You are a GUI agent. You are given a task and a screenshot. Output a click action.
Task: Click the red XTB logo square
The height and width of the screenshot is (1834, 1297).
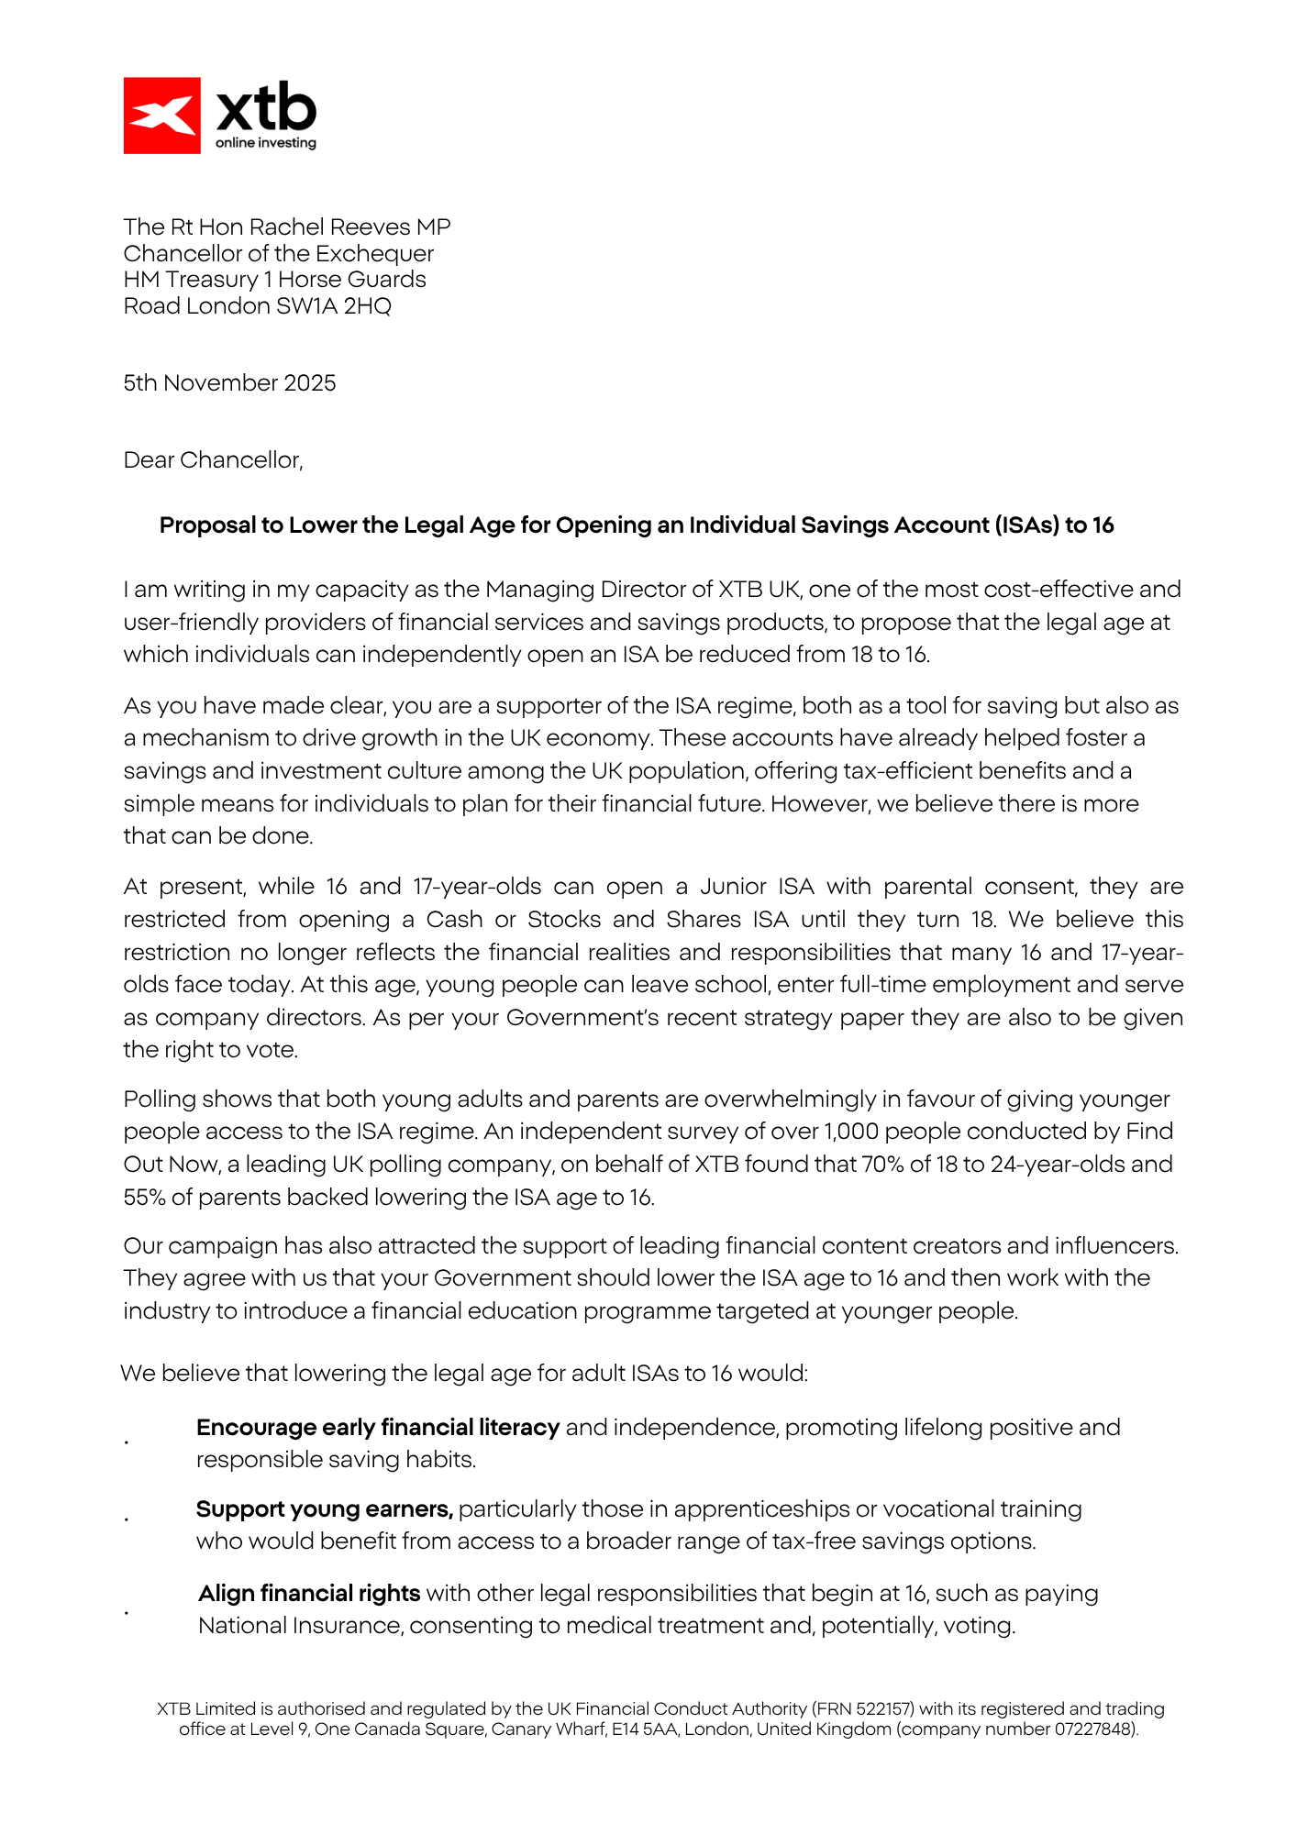pyautogui.click(x=162, y=116)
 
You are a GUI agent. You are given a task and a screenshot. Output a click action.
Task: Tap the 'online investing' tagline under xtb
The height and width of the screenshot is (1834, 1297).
pyautogui.click(x=266, y=143)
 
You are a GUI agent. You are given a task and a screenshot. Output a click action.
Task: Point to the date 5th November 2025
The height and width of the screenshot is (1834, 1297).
pyautogui.click(x=229, y=383)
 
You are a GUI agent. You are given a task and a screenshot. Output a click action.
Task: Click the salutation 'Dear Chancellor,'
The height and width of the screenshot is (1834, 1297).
pyautogui.click(x=213, y=460)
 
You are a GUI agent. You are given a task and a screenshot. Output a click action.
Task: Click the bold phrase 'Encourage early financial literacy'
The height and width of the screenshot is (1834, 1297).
pyautogui.click(x=378, y=1428)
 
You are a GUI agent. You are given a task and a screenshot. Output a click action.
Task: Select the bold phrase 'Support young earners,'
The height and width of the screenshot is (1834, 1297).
pyautogui.click(x=325, y=1509)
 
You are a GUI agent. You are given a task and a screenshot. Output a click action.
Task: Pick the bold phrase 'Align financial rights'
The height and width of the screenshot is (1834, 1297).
pyautogui.click(x=309, y=1594)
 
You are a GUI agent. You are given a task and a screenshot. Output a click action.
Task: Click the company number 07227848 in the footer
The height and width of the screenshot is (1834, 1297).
pyautogui.click(x=1092, y=1729)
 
